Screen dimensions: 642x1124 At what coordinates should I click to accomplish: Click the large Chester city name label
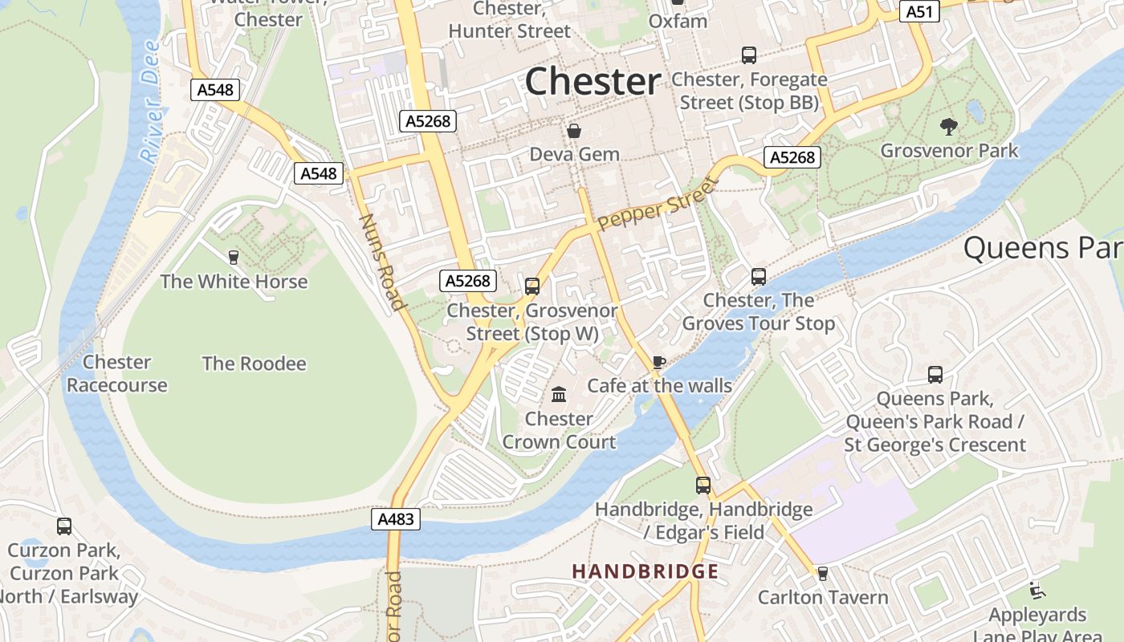point(593,82)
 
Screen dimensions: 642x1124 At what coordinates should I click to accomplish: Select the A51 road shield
point(919,11)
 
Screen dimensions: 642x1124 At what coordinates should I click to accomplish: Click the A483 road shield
point(397,519)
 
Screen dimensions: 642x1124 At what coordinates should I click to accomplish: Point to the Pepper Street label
point(656,205)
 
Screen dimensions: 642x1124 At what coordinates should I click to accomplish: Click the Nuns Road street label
point(381,262)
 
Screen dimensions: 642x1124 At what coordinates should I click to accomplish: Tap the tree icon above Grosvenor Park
point(948,126)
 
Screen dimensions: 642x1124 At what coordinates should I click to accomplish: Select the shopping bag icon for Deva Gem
point(574,130)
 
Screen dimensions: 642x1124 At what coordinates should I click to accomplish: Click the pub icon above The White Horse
point(234,258)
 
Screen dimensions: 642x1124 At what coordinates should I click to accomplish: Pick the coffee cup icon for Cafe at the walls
point(659,362)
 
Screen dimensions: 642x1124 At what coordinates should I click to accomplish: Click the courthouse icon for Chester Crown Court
point(559,394)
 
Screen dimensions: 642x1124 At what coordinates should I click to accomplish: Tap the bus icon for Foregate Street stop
point(749,55)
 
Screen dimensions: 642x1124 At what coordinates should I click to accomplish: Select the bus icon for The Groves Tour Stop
point(759,277)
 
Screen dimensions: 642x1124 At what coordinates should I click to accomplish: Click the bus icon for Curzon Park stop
point(64,526)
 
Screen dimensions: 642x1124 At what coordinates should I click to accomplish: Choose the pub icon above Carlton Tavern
point(822,574)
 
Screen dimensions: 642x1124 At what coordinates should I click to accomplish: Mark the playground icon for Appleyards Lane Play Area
point(1037,591)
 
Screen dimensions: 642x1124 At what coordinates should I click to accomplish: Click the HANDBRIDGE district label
point(645,571)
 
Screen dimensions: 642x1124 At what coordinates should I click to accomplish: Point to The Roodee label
point(254,364)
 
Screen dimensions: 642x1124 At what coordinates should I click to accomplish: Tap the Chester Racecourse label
point(117,374)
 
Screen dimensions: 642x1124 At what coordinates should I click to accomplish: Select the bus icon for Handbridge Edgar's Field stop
point(703,485)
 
